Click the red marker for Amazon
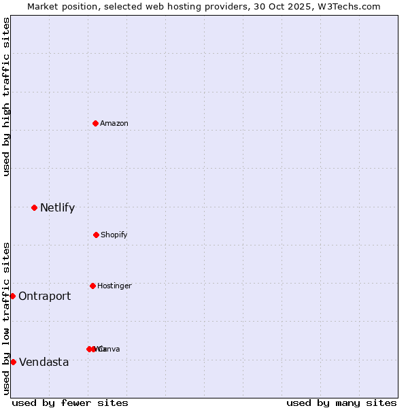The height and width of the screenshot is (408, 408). click(96, 123)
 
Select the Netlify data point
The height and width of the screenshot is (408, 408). click(34, 207)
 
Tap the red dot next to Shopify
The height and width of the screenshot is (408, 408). click(96, 235)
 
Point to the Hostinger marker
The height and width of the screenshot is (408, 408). click(92, 286)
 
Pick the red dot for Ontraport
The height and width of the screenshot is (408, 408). click(12, 296)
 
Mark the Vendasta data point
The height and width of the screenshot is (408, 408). click(13, 362)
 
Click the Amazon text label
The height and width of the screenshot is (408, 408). click(114, 123)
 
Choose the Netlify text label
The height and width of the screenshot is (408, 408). click(57, 207)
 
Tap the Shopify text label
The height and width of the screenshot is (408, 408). click(114, 235)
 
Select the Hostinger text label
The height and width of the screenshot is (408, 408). click(114, 286)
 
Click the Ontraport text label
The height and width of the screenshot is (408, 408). click(44, 296)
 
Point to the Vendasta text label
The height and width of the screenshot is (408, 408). click(44, 362)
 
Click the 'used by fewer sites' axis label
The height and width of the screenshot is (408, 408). click(70, 403)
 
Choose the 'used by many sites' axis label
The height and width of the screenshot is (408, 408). click(341, 403)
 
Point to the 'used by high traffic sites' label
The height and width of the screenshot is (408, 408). click(6, 97)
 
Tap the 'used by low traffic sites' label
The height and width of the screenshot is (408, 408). click(6, 318)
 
